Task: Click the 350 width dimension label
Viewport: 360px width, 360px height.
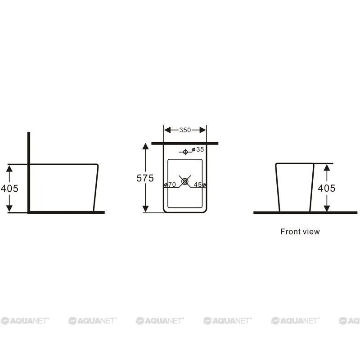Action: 185,130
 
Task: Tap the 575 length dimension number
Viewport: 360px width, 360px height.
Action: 145,178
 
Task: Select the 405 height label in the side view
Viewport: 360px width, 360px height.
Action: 9,189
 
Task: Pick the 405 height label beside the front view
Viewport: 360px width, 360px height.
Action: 327,188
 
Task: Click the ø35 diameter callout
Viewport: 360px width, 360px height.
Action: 198,149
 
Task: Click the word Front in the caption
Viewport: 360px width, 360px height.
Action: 289,231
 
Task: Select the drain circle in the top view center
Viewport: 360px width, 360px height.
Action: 185,182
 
